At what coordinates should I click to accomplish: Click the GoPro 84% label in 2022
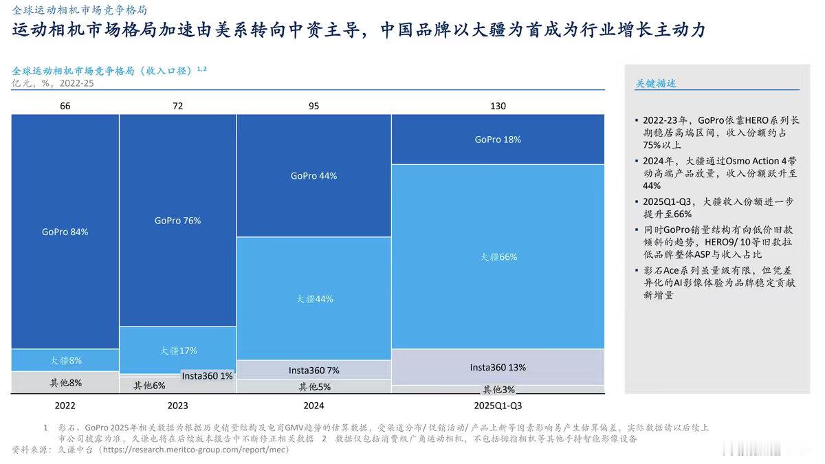click(x=65, y=232)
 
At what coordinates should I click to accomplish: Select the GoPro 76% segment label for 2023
click(x=177, y=221)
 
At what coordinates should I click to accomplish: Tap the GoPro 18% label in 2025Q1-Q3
click(x=498, y=139)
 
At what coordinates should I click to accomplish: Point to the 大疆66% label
click(x=498, y=257)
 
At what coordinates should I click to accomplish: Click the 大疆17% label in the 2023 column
click(x=177, y=351)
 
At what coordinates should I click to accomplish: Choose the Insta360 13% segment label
click(x=498, y=367)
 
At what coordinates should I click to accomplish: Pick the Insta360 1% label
click(x=207, y=375)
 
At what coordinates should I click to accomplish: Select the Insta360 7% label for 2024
click(x=313, y=371)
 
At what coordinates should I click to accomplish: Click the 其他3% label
click(x=498, y=390)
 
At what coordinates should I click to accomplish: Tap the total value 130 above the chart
click(x=498, y=106)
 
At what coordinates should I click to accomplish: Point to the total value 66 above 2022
click(x=65, y=106)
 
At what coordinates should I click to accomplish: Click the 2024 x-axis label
click(x=313, y=406)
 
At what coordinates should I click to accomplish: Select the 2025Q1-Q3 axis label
click(x=498, y=406)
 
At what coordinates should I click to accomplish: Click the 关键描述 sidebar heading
click(x=655, y=83)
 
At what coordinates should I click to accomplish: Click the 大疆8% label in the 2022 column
click(x=65, y=360)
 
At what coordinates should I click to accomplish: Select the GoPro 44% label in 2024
click(x=313, y=175)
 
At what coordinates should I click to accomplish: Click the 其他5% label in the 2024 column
click(x=313, y=387)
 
